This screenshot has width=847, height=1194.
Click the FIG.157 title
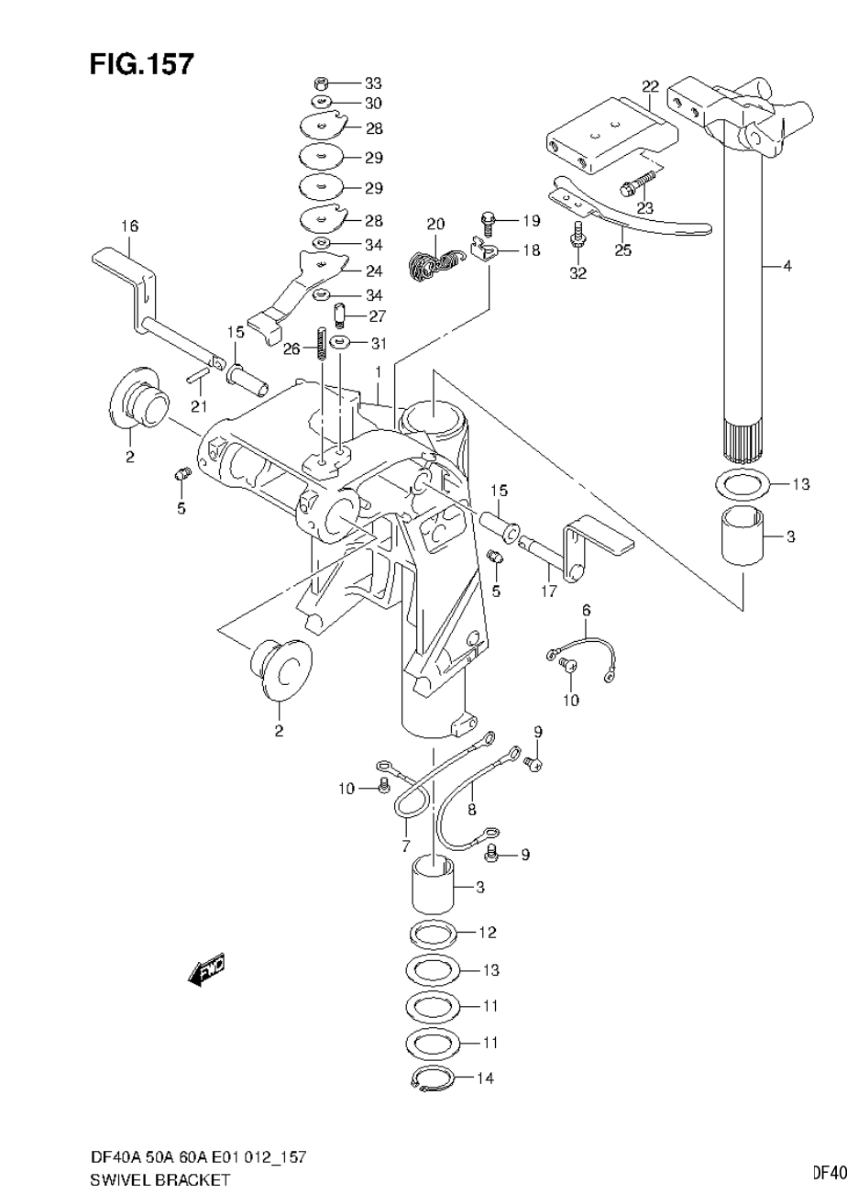(141, 64)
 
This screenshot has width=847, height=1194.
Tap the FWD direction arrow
(206, 969)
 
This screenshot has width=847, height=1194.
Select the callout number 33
(373, 83)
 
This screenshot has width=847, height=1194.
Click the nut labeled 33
(322, 83)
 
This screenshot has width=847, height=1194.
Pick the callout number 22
(650, 87)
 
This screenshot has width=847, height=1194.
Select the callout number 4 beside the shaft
(786, 267)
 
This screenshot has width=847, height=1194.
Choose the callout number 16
(128, 226)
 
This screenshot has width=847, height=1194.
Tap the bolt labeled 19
(488, 221)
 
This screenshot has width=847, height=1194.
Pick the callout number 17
(548, 591)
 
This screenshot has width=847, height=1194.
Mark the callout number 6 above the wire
(586, 610)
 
